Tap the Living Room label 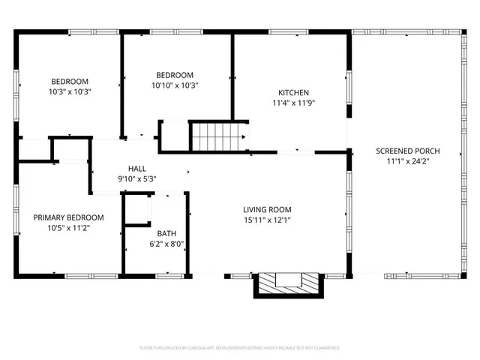point(267,209)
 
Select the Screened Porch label point(407,151)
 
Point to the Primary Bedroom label point(68,217)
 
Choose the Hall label point(137,169)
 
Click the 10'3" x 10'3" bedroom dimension point(70,91)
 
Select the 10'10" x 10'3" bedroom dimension point(175,85)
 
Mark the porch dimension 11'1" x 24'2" point(407,160)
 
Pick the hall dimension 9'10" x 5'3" point(137,178)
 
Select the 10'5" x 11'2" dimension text point(68,227)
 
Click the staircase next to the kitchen point(218,136)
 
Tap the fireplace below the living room point(289,283)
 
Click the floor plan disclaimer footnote point(240,348)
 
